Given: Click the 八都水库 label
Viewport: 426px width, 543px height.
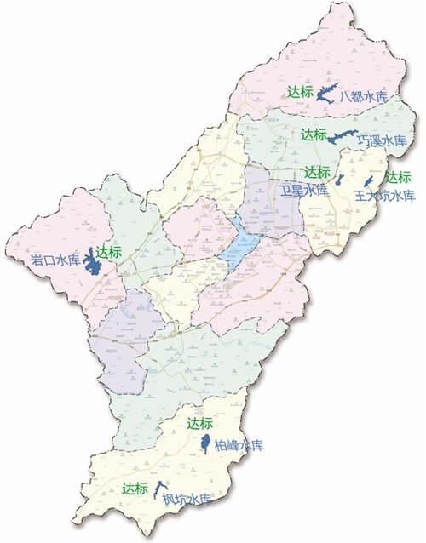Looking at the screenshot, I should tap(364, 97).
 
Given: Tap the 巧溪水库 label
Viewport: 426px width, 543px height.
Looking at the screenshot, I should tap(387, 140).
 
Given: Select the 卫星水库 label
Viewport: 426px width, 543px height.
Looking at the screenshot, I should tap(304, 191).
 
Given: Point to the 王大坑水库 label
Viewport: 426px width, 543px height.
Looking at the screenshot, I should tap(384, 196).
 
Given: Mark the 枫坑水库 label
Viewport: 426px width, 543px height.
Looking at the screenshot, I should tap(187, 500).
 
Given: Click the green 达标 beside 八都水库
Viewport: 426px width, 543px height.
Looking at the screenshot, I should tap(300, 93).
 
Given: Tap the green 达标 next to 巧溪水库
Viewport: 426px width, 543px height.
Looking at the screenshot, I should tap(314, 134).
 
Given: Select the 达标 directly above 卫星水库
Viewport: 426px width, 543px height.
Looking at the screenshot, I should tap(317, 173).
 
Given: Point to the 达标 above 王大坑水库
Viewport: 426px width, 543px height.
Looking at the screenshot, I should tap(398, 178).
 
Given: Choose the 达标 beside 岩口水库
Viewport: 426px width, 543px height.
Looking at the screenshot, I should tap(110, 252).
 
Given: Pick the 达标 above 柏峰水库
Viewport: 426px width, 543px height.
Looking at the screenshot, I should tap(199, 424).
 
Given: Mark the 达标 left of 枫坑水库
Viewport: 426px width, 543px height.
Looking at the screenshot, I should tap(135, 489).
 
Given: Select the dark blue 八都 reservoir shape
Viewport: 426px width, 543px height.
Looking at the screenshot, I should tap(326, 94).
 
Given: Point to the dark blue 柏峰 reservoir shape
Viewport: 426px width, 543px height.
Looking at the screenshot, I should tap(204, 443).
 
